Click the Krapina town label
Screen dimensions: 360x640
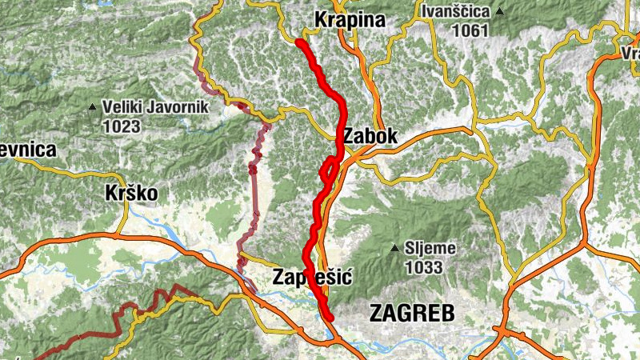(x=350, y=19)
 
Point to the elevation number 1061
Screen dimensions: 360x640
(x=470, y=30)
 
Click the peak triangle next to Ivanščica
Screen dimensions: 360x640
(x=500, y=12)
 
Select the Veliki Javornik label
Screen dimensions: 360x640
(x=154, y=106)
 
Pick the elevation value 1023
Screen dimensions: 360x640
(x=121, y=126)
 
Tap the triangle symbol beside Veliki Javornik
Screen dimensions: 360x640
(x=93, y=106)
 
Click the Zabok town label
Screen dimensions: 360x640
(x=370, y=138)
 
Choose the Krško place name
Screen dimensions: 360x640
(x=131, y=194)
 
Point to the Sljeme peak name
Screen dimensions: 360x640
(x=430, y=249)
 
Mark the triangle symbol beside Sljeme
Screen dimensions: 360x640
(x=394, y=249)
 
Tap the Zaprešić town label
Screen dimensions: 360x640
(x=313, y=278)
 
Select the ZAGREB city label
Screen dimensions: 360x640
(x=412, y=313)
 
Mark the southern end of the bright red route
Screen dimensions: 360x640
(x=329, y=317)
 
